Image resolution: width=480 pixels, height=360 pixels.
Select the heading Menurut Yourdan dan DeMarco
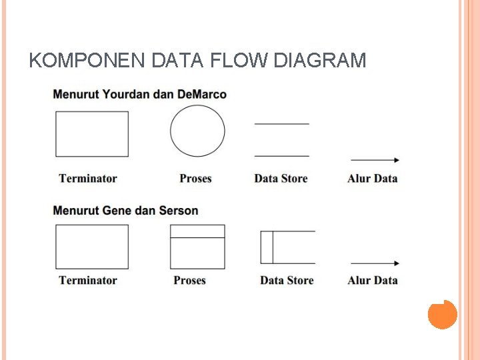[x=139, y=95]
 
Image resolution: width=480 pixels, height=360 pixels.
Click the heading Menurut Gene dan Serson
[x=125, y=211]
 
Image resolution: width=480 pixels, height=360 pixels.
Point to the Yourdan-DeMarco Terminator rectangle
[x=92, y=134]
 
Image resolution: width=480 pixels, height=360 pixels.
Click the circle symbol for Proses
[x=197, y=131]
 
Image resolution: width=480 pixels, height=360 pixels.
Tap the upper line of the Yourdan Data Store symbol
[x=281, y=123]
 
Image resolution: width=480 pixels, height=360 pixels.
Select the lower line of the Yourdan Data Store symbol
[x=281, y=156]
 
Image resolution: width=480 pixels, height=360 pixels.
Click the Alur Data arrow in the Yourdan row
[x=375, y=160]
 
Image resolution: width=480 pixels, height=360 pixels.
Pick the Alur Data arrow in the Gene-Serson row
[x=375, y=263]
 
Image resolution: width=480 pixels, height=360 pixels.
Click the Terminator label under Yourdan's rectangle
[x=88, y=179]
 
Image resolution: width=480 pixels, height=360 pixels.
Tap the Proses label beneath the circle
[x=195, y=179]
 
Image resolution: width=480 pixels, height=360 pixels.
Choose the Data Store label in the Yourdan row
[x=281, y=179]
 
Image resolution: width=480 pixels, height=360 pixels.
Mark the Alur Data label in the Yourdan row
[x=372, y=179]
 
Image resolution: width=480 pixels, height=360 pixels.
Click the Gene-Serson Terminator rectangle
[x=92, y=247]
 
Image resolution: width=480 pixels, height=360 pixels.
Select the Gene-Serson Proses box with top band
[x=197, y=247]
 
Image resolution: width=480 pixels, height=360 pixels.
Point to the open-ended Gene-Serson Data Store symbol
[x=287, y=247]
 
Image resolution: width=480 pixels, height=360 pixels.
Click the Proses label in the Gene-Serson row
[x=189, y=281]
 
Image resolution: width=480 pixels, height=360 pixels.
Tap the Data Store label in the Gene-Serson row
[x=287, y=281]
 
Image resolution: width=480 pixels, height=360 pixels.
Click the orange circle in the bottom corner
[x=442, y=314]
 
